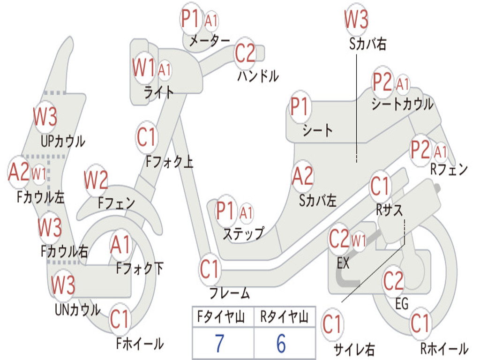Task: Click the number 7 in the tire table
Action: [219, 343]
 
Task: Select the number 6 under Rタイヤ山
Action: [281, 343]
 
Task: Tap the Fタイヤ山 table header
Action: [221, 317]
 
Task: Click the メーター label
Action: [210, 40]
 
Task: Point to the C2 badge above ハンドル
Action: [245, 53]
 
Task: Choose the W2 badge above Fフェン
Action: [96, 180]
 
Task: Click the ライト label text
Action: [159, 92]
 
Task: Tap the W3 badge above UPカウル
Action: [45, 117]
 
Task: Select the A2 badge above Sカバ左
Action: [303, 176]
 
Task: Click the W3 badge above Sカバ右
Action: [356, 19]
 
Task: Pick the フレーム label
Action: [230, 293]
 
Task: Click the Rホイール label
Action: [444, 348]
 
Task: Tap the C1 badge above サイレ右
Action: [332, 324]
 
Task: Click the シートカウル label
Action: [403, 104]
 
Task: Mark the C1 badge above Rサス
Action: [380, 186]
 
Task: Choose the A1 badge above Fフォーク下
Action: [121, 245]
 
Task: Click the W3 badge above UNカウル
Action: [63, 285]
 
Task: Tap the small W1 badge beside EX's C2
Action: [359, 240]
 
